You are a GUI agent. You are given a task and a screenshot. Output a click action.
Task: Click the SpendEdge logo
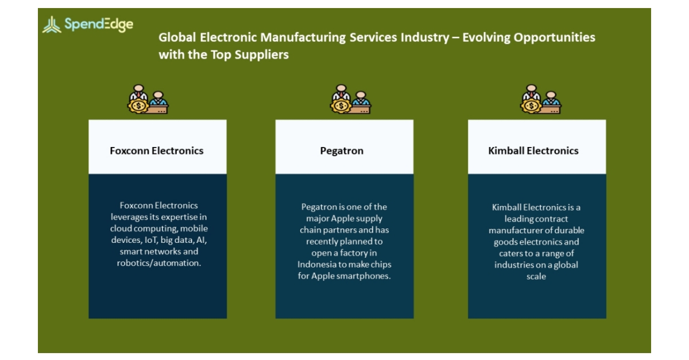(88, 25)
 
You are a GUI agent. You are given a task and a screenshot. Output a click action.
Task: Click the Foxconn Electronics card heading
(157, 151)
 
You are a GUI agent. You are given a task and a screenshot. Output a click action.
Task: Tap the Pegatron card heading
(342, 151)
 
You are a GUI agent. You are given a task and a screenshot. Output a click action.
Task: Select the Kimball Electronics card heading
(533, 151)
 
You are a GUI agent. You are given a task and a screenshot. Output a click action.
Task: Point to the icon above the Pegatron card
(350, 99)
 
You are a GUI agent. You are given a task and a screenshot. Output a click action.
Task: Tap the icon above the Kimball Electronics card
(541, 99)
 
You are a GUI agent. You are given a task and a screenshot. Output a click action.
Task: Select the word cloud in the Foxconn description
(122, 229)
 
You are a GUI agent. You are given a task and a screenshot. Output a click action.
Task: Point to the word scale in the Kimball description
(536, 276)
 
